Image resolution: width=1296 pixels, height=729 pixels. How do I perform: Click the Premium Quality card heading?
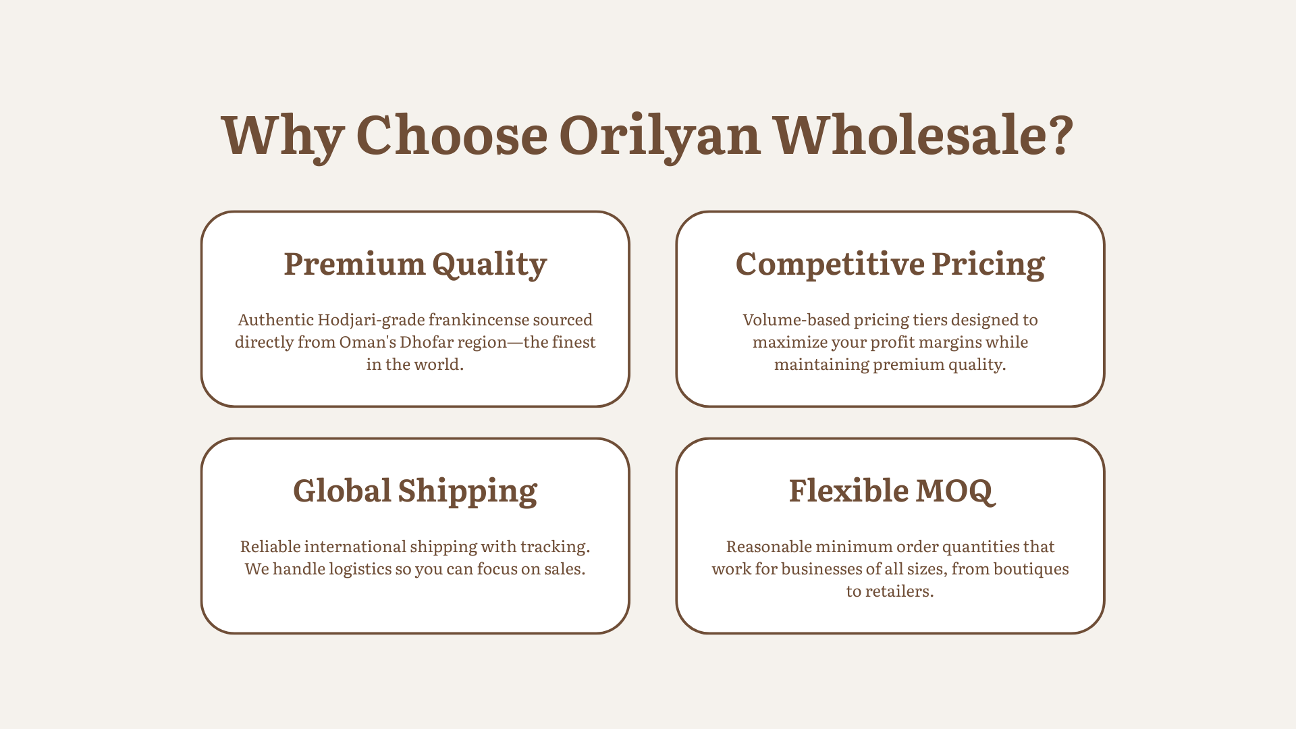click(415, 264)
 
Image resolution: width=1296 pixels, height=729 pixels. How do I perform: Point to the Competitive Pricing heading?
click(890, 264)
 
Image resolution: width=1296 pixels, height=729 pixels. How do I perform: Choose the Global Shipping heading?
click(415, 491)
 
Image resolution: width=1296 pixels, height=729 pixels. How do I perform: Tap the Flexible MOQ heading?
click(892, 491)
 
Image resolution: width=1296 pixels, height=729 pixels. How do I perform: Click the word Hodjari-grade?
click(371, 320)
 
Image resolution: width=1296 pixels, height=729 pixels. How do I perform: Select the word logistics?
click(360, 570)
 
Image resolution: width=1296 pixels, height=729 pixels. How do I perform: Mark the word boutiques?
click(1031, 569)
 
